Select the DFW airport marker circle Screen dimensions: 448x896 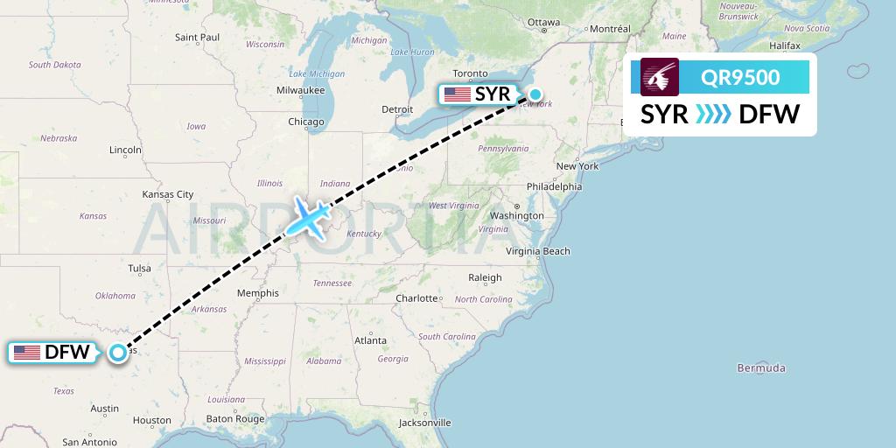[x=118, y=353]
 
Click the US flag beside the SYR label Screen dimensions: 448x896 [x=457, y=94]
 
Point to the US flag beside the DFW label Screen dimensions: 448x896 [x=27, y=353]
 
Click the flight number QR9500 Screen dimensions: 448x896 [x=740, y=77]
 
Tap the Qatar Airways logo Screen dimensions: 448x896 [x=659, y=77]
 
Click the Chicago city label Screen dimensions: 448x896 [x=306, y=122]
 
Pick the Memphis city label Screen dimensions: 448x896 [x=257, y=294]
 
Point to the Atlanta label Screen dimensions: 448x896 [x=371, y=339]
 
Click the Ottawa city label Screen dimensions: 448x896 [x=543, y=22]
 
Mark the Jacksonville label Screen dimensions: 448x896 [x=423, y=423]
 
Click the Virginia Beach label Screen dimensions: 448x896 [x=538, y=251]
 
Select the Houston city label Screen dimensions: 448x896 [x=152, y=420]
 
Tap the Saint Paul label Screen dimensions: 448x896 [x=197, y=38]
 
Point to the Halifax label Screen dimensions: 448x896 [x=785, y=45]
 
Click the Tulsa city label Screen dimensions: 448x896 [x=139, y=269]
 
